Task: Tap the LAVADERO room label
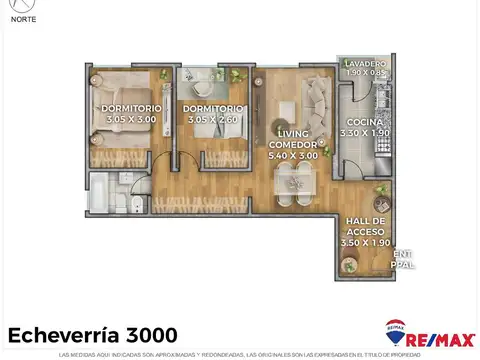[366, 62]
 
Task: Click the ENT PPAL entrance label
[404, 258]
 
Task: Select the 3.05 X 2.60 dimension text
[215, 119]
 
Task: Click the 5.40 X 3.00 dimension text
[293, 155]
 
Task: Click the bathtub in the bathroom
[104, 192]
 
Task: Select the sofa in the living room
[319, 101]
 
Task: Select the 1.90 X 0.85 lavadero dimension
[366, 72]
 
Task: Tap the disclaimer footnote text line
[240, 354]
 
